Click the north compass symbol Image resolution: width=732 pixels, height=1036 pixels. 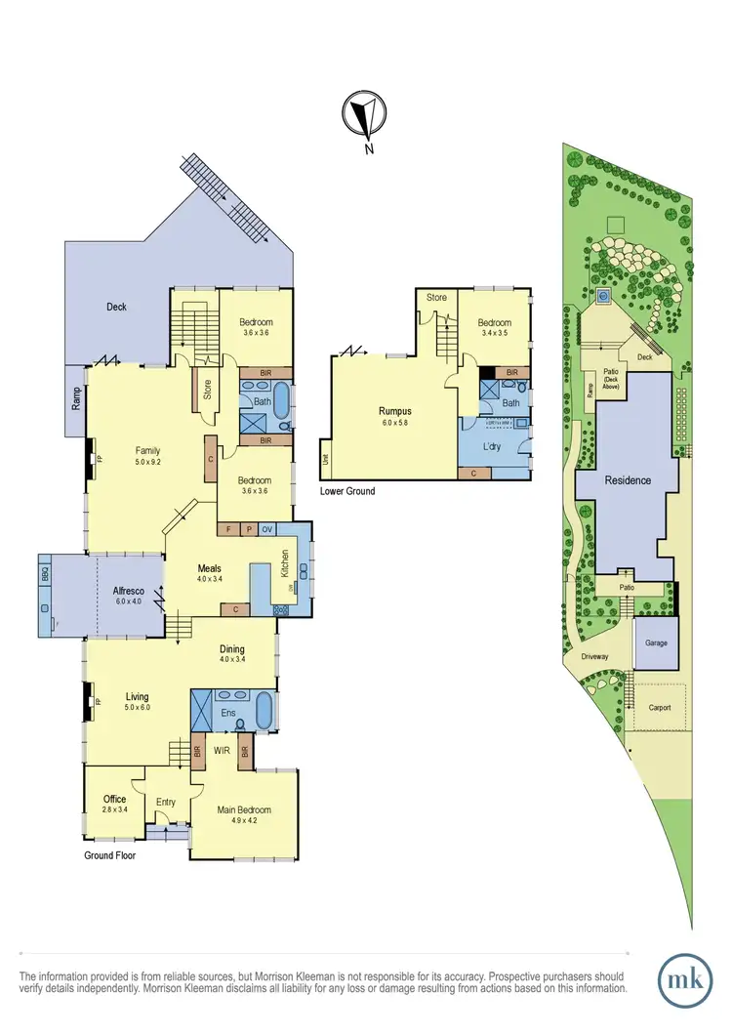(x=363, y=117)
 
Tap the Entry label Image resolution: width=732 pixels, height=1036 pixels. (x=166, y=803)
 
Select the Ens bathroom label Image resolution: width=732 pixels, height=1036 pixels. (x=226, y=713)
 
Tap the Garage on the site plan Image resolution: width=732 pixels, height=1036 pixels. (x=654, y=644)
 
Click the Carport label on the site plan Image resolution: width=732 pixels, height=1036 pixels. (x=658, y=706)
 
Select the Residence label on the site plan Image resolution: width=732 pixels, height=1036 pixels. (x=626, y=481)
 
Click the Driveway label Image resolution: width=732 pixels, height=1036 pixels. (x=594, y=656)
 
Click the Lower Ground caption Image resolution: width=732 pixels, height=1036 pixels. (x=347, y=491)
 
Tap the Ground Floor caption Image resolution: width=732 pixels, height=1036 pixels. (x=109, y=855)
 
